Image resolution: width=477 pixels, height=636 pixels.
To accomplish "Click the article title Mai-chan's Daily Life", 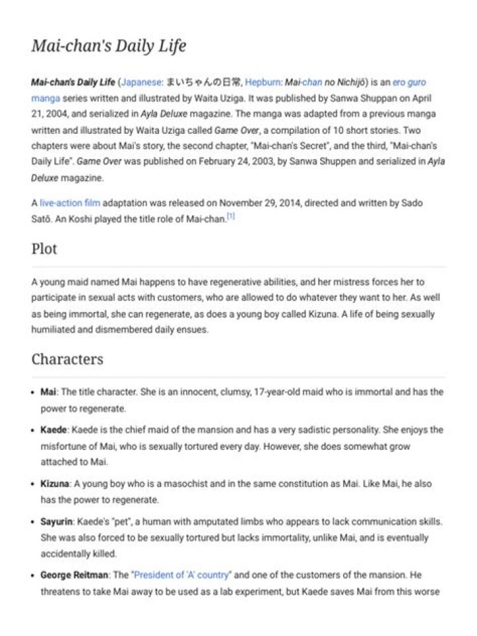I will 109,46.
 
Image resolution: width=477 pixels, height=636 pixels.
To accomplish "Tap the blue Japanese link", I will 141,82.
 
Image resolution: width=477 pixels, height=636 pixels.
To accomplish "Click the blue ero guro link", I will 409,82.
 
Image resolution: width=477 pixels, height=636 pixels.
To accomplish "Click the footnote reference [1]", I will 231,217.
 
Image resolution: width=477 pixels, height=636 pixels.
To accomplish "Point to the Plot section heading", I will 44,249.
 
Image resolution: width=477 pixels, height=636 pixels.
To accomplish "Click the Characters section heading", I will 67,359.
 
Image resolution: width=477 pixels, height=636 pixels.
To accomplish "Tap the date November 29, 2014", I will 262,203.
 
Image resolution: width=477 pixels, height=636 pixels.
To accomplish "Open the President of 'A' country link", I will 182,574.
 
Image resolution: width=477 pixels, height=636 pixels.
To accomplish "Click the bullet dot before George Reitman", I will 33,575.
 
